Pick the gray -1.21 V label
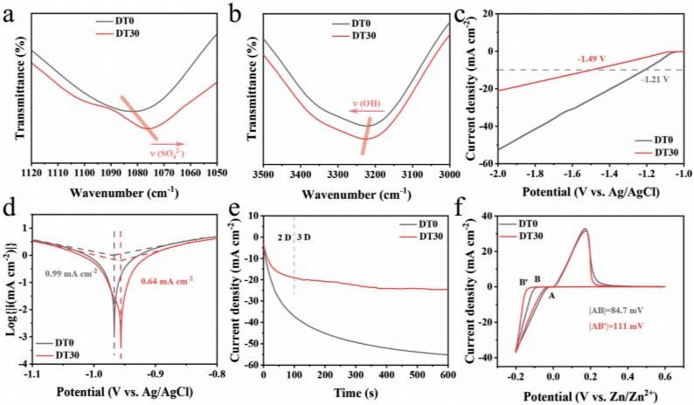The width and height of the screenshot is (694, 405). (656, 79)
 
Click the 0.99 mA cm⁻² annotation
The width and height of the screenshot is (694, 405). (71, 273)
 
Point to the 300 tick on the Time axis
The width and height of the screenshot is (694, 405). (357, 374)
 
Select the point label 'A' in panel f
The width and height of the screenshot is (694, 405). (552, 295)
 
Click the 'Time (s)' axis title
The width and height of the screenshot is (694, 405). (357, 389)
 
